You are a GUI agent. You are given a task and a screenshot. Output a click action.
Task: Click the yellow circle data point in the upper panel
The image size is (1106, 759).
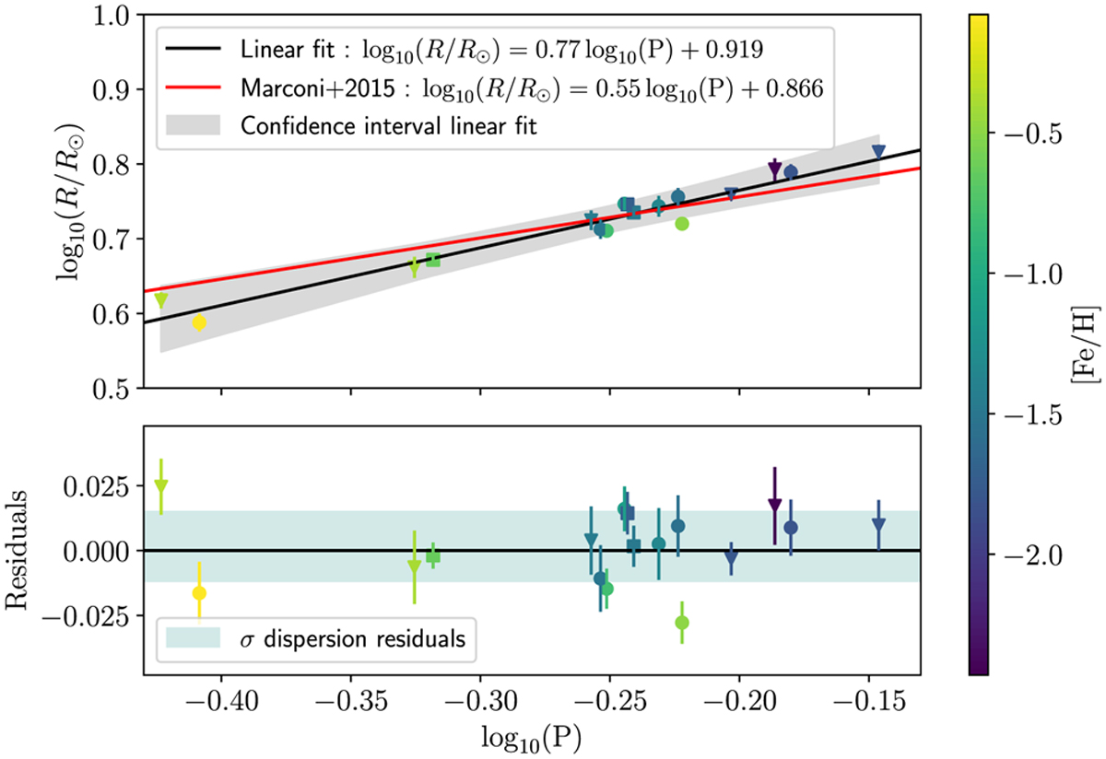(199, 322)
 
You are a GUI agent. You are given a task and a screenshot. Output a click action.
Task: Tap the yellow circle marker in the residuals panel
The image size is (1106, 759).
(199, 593)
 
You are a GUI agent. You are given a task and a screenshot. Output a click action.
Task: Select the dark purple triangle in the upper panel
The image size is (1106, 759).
(775, 168)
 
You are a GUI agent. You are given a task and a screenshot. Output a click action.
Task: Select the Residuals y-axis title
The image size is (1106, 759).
(20, 550)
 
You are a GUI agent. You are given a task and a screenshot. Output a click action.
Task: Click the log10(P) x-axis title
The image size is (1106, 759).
(532, 740)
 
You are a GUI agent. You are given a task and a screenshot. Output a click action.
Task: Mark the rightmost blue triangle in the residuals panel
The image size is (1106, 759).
(878, 524)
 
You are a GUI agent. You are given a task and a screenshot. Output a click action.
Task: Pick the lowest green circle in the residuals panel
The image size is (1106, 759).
(682, 622)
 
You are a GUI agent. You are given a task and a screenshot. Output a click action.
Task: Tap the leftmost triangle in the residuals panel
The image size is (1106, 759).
(161, 485)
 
